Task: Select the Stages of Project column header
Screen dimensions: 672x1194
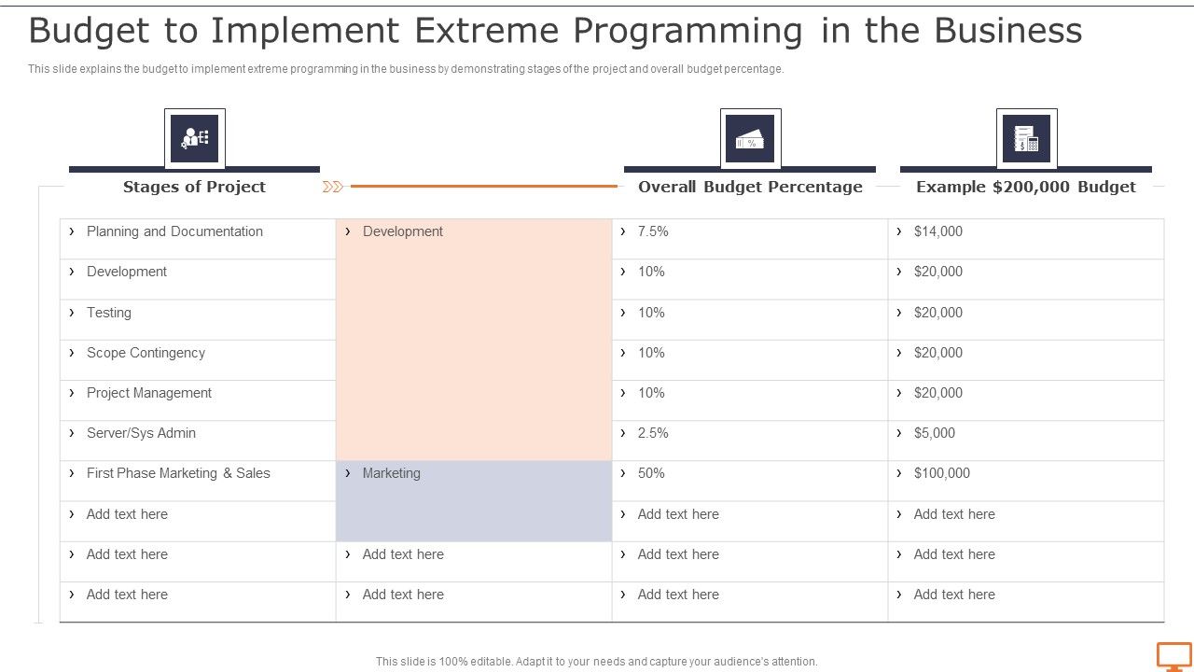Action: (194, 187)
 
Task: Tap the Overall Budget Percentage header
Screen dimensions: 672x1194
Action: (750, 187)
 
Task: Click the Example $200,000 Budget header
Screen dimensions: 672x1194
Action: (1025, 187)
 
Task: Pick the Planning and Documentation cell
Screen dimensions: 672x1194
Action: (174, 231)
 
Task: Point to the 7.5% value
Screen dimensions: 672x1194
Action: (653, 231)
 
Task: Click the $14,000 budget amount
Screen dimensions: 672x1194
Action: (937, 231)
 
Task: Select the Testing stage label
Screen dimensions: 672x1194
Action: (108, 313)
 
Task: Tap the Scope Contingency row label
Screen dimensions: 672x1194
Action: (146, 353)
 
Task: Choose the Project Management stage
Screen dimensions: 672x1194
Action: (148, 393)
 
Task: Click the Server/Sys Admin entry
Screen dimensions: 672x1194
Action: (141, 433)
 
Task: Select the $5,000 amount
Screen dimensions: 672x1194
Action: (934, 433)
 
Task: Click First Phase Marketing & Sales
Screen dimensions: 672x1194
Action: (178, 473)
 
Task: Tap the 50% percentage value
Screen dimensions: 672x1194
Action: (651, 473)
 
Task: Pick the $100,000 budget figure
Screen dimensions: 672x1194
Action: (941, 473)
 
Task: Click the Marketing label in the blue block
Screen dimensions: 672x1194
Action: (391, 473)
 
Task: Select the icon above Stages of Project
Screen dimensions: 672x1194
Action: (195, 139)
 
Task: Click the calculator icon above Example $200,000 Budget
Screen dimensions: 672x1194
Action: (1026, 139)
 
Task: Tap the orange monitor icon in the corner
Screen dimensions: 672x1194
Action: (1173, 656)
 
